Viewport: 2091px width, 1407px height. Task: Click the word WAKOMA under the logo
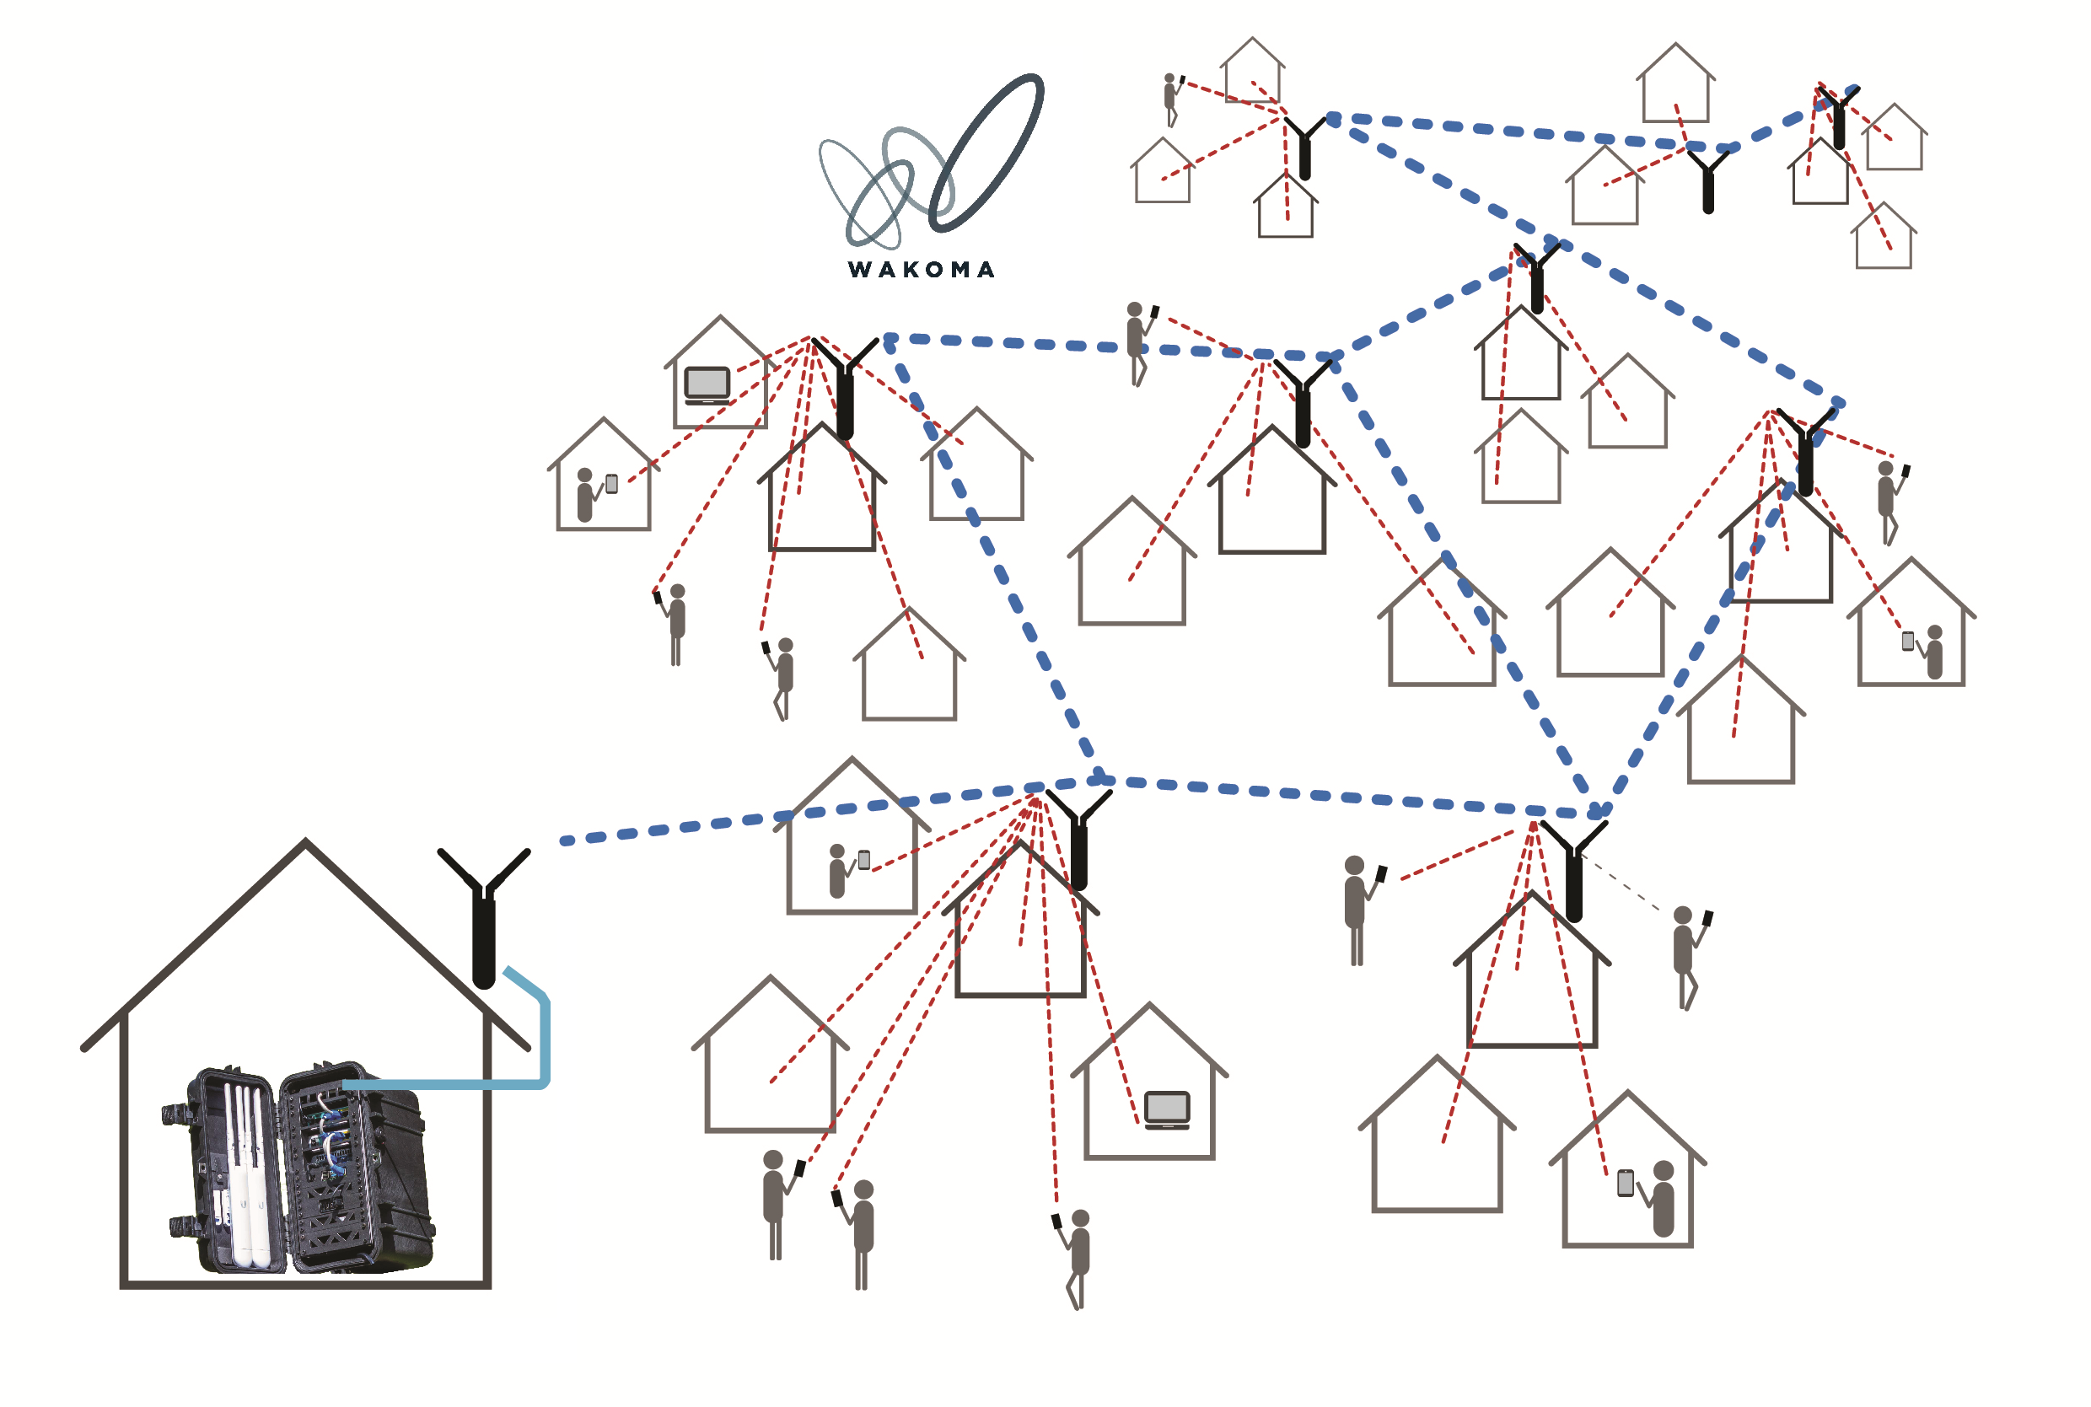[921, 269]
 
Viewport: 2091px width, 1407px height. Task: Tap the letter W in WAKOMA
[860, 269]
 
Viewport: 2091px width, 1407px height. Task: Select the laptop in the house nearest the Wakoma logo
[707, 386]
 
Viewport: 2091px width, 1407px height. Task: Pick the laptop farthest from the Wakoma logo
[1167, 1110]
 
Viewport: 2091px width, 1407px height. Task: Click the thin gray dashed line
[1621, 883]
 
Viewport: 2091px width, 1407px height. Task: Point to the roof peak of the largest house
[305, 841]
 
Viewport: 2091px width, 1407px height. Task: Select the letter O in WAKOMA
[934, 269]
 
